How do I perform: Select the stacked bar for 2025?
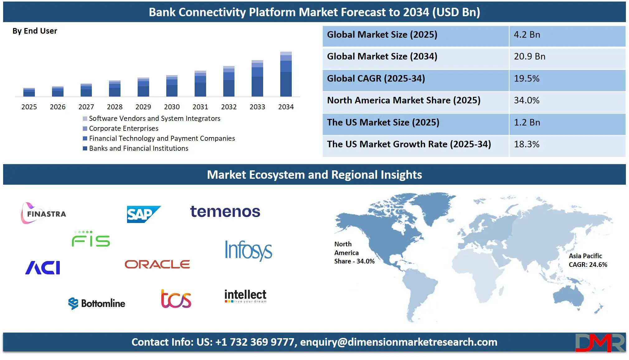[29, 92]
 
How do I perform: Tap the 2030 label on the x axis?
[172, 107]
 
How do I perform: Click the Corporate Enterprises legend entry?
[123, 128]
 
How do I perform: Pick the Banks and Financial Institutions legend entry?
[138, 148]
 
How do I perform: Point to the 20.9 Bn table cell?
[529, 56]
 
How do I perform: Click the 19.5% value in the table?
[527, 78]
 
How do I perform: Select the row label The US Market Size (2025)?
[383, 122]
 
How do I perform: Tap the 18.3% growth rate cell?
[527, 144]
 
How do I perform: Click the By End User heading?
[35, 31]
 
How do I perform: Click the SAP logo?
[144, 214]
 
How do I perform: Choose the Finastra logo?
[44, 214]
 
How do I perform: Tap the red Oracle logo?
[157, 264]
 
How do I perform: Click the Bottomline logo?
[97, 303]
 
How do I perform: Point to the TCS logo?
[176, 299]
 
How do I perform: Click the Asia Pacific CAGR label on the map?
[588, 260]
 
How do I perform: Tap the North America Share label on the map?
[354, 253]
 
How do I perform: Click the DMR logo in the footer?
[600, 343]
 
